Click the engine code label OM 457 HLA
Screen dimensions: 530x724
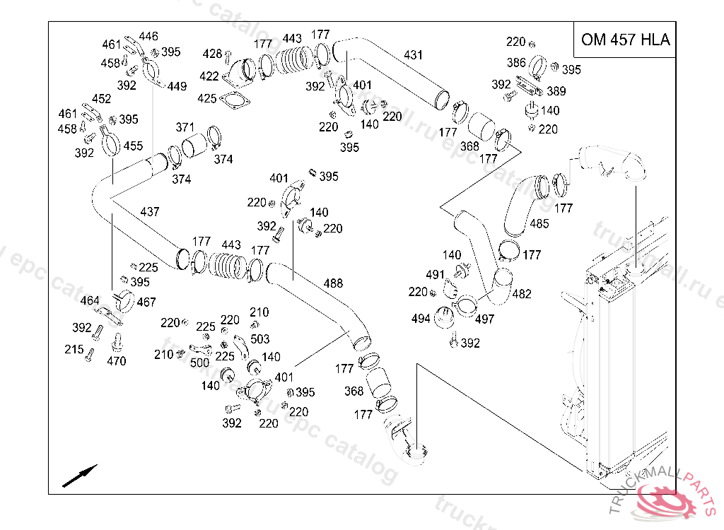[625, 40]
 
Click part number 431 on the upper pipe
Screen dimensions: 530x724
[414, 54]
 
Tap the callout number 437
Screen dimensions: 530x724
[149, 211]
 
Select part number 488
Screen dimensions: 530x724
[333, 283]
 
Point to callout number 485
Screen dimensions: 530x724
[539, 224]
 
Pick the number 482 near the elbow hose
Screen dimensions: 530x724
[522, 294]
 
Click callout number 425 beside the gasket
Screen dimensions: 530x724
[207, 98]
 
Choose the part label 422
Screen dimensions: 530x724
[209, 76]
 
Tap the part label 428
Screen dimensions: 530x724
[212, 54]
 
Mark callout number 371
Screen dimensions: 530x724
[185, 127]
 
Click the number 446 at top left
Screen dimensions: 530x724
[148, 36]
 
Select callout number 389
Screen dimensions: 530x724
[556, 91]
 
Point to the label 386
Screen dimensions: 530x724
[516, 63]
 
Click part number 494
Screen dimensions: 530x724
[421, 319]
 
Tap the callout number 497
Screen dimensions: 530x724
[484, 319]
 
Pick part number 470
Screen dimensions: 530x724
[117, 361]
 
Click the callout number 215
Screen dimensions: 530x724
[74, 349]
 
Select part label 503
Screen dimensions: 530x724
[260, 339]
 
